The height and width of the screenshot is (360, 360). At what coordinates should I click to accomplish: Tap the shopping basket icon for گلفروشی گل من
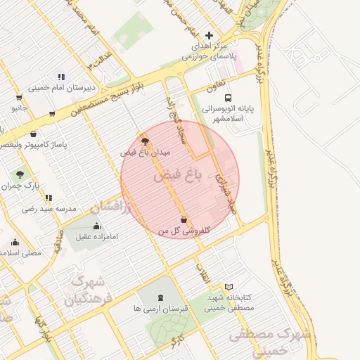point(184,219)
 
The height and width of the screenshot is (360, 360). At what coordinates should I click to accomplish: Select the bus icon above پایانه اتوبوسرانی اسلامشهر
point(227,98)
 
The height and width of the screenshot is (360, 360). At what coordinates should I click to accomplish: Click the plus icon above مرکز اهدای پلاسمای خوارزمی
point(209,35)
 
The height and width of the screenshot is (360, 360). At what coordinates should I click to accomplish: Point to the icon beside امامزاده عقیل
point(96,226)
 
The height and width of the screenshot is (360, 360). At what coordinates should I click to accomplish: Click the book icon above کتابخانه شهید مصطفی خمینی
point(229,287)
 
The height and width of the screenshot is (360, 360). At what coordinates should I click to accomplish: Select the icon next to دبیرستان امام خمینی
point(61,77)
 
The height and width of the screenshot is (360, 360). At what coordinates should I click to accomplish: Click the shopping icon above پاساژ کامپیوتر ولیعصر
point(33,134)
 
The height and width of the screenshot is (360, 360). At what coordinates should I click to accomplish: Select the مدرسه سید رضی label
point(48,208)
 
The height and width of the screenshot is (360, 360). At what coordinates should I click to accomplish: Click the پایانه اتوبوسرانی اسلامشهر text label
point(231,114)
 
